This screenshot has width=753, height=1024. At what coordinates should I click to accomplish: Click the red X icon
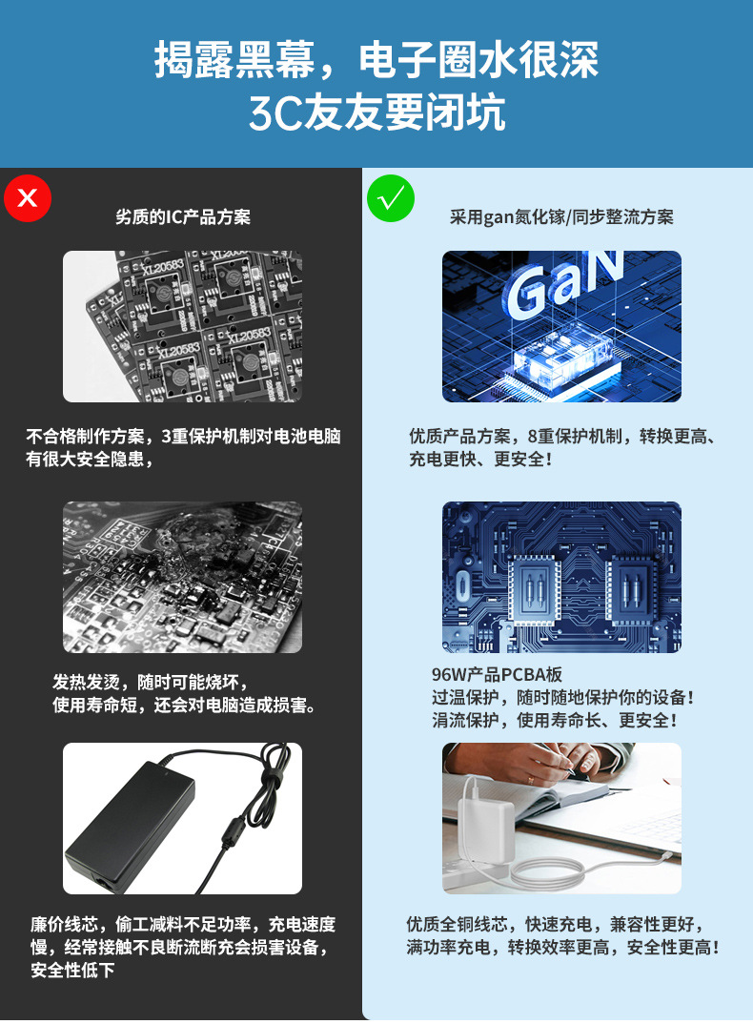[28, 197]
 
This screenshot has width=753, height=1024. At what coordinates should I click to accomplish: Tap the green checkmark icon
[391, 198]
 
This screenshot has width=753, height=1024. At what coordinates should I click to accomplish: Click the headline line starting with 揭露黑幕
[376, 62]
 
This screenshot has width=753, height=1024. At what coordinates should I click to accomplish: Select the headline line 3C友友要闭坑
[376, 113]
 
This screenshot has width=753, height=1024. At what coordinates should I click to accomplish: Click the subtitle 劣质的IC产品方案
[183, 217]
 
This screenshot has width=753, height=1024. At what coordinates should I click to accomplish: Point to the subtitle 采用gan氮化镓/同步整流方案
[561, 217]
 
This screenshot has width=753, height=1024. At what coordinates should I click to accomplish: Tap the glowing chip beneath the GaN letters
[558, 360]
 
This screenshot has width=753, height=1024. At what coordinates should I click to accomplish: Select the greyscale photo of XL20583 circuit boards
[182, 326]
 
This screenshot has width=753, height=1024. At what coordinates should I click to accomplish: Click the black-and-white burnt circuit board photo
[182, 577]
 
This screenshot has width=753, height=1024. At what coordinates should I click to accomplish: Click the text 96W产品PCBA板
[497, 675]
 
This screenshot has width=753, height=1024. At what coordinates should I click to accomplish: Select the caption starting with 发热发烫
[151, 683]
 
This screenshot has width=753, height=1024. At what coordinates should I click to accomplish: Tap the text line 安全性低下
[72, 971]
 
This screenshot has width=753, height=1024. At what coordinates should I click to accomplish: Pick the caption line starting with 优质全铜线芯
[556, 925]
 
